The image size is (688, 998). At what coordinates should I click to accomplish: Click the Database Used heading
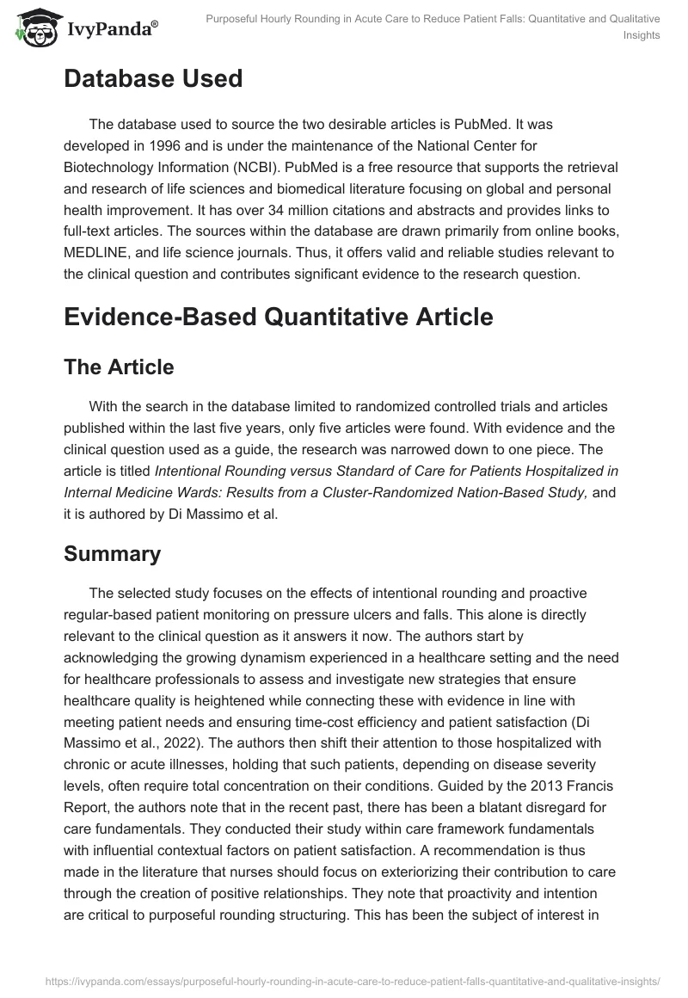pyautogui.click(x=153, y=79)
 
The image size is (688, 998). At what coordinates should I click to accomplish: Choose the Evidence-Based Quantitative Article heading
pyautogui.click(x=278, y=317)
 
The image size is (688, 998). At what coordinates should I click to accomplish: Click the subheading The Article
pyautogui.click(x=119, y=367)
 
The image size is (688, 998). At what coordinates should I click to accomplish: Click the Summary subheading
pyautogui.click(x=112, y=553)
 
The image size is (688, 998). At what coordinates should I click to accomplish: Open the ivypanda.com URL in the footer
pyautogui.click(x=343, y=979)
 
